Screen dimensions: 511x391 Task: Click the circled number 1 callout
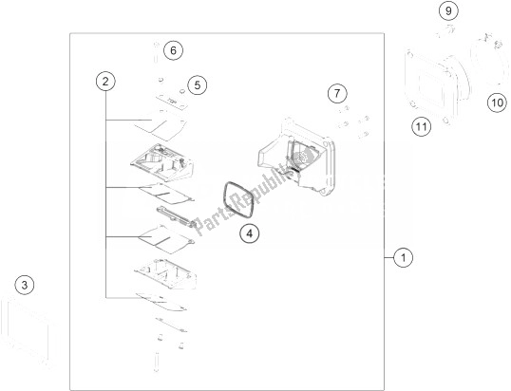coord(403,257)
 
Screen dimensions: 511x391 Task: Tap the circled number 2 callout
coord(105,82)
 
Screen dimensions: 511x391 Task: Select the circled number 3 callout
coord(25,286)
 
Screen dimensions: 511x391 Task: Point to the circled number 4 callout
coord(249,233)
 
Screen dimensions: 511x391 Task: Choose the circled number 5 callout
coord(198,85)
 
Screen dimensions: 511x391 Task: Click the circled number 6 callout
coord(173,50)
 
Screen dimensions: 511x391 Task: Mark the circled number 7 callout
coord(337,93)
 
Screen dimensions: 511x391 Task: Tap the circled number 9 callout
coord(448,11)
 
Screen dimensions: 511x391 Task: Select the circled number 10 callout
coord(498,102)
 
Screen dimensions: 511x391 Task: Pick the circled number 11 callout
coord(421,126)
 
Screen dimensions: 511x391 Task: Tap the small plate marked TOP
coord(172,102)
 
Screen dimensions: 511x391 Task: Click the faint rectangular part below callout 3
coord(30,332)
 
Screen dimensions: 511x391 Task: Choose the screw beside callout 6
coord(156,52)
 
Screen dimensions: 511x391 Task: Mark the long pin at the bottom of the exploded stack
coord(157,362)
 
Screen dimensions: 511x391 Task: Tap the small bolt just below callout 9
coord(445,32)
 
